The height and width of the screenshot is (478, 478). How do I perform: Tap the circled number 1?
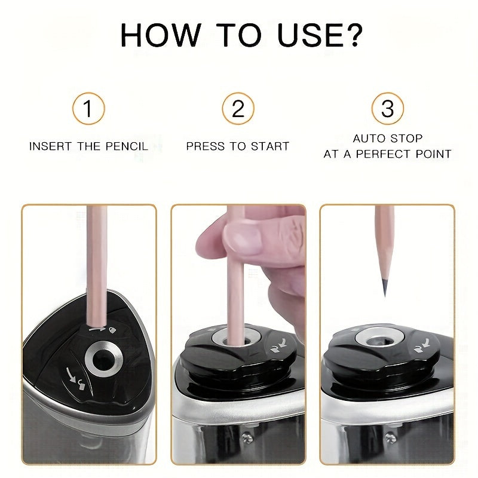tap(88, 109)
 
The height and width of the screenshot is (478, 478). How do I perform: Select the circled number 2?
tap(238, 109)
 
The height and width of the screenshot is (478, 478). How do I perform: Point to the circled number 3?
tap(387, 109)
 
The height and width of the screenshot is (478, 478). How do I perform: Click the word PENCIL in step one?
tap(127, 146)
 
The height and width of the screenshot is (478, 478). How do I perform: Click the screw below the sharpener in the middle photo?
tap(248, 437)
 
